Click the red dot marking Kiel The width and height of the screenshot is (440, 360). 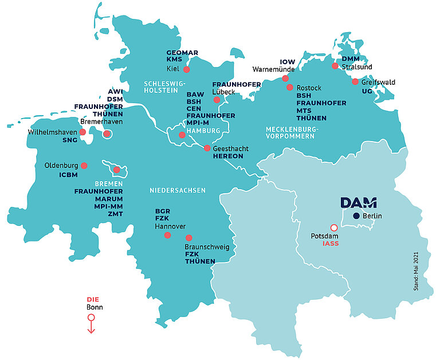coord(187,69)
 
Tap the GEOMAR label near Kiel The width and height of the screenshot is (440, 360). coord(182,53)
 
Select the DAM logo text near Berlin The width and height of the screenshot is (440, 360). coord(359,203)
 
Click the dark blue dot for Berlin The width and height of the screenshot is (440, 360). coord(356,216)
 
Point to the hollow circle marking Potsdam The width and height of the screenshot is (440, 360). coord(334,228)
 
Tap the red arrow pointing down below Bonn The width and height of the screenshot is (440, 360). coord(91,326)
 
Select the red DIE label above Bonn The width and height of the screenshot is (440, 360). coord(93,299)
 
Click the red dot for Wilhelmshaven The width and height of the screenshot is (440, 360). coord(83,132)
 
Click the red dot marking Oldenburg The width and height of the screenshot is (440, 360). coord(84,166)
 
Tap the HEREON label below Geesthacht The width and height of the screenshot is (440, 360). coord(227,156)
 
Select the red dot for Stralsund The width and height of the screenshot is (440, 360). coord(335,66)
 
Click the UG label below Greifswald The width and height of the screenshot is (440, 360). coord(367,91)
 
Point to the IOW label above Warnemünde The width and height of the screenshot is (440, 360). coord(287,61)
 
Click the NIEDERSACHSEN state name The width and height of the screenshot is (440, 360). coord(177,190)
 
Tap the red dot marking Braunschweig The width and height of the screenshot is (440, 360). coord(188,238)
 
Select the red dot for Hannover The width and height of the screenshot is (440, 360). coord(167,235)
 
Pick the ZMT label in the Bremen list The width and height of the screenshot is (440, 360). coord(115,214)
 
